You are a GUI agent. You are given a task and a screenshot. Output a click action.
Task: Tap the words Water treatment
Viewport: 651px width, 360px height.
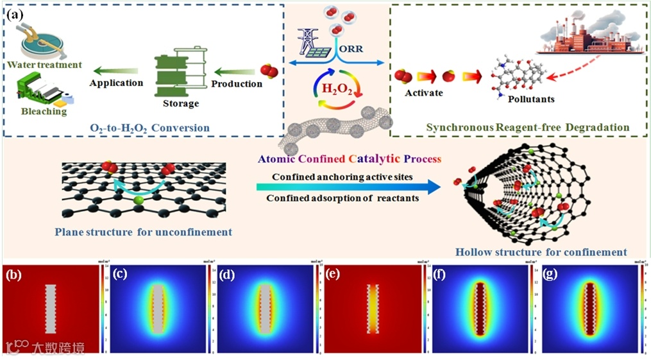point(45,65)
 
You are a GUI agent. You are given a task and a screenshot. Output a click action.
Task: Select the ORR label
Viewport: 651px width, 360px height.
point(364,49)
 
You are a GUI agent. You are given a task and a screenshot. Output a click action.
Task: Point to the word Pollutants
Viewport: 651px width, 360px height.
point(531,99)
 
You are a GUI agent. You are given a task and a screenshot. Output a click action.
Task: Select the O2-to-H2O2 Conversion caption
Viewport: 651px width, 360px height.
point(149,128)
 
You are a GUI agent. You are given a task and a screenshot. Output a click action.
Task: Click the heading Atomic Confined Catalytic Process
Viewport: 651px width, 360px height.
point(349,158)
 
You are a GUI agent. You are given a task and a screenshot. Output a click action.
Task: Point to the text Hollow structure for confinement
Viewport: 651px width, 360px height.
point(541,252)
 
